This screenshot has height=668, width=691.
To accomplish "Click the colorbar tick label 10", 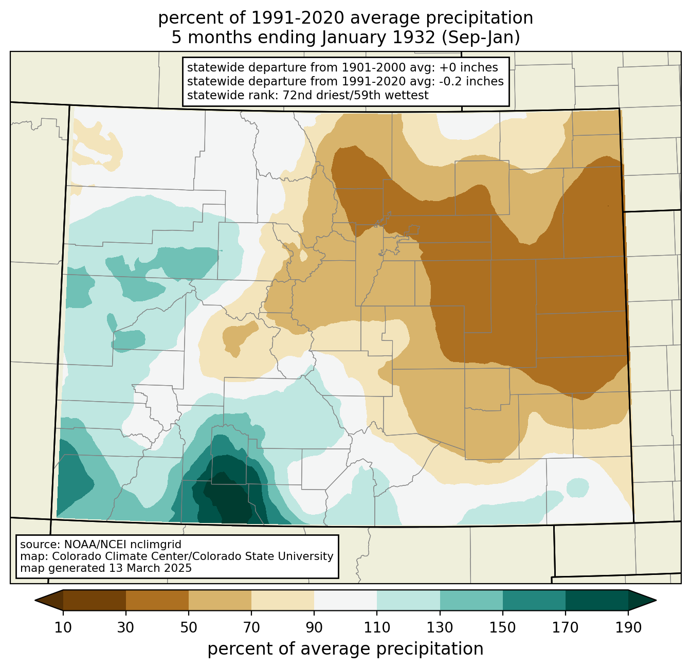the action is pyautogui.click(x=63, y=627).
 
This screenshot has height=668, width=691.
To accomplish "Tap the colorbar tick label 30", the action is pyautogui.click(x=125, y=627).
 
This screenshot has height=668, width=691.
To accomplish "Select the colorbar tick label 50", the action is pyautogui.click(x=189, y=627).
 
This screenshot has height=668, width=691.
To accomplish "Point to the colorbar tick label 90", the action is pyautogui.click(x=314, y=627).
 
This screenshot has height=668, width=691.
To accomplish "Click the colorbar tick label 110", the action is pyautogui.click(x=377, y=627).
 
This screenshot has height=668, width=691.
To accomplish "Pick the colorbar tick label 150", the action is pyautogui.click(x=502, y=627).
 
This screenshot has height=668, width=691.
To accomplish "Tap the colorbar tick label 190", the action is pyautogui.click(x=628, y=627).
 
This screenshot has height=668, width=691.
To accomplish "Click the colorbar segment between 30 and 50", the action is pyautogui.click(x=157, y=600).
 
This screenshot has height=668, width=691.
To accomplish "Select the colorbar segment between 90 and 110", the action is pyautogui.click(x=345, y=600).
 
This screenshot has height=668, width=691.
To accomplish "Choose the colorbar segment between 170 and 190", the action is pyautogui.click(x=596, y=600).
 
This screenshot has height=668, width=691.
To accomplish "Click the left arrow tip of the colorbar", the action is pyautogui.click(x=35, y=600).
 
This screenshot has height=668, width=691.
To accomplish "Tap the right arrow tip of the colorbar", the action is pyautogui.click(x=656, y=600).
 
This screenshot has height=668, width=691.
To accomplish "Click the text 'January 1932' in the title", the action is pyautogui.click(x=378, y=38).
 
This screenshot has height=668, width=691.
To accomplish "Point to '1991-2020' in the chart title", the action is pyautogui.click(x=298, y=18).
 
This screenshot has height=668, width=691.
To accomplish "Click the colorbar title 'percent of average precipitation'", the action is pyautogui.click(x=345, y=649).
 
